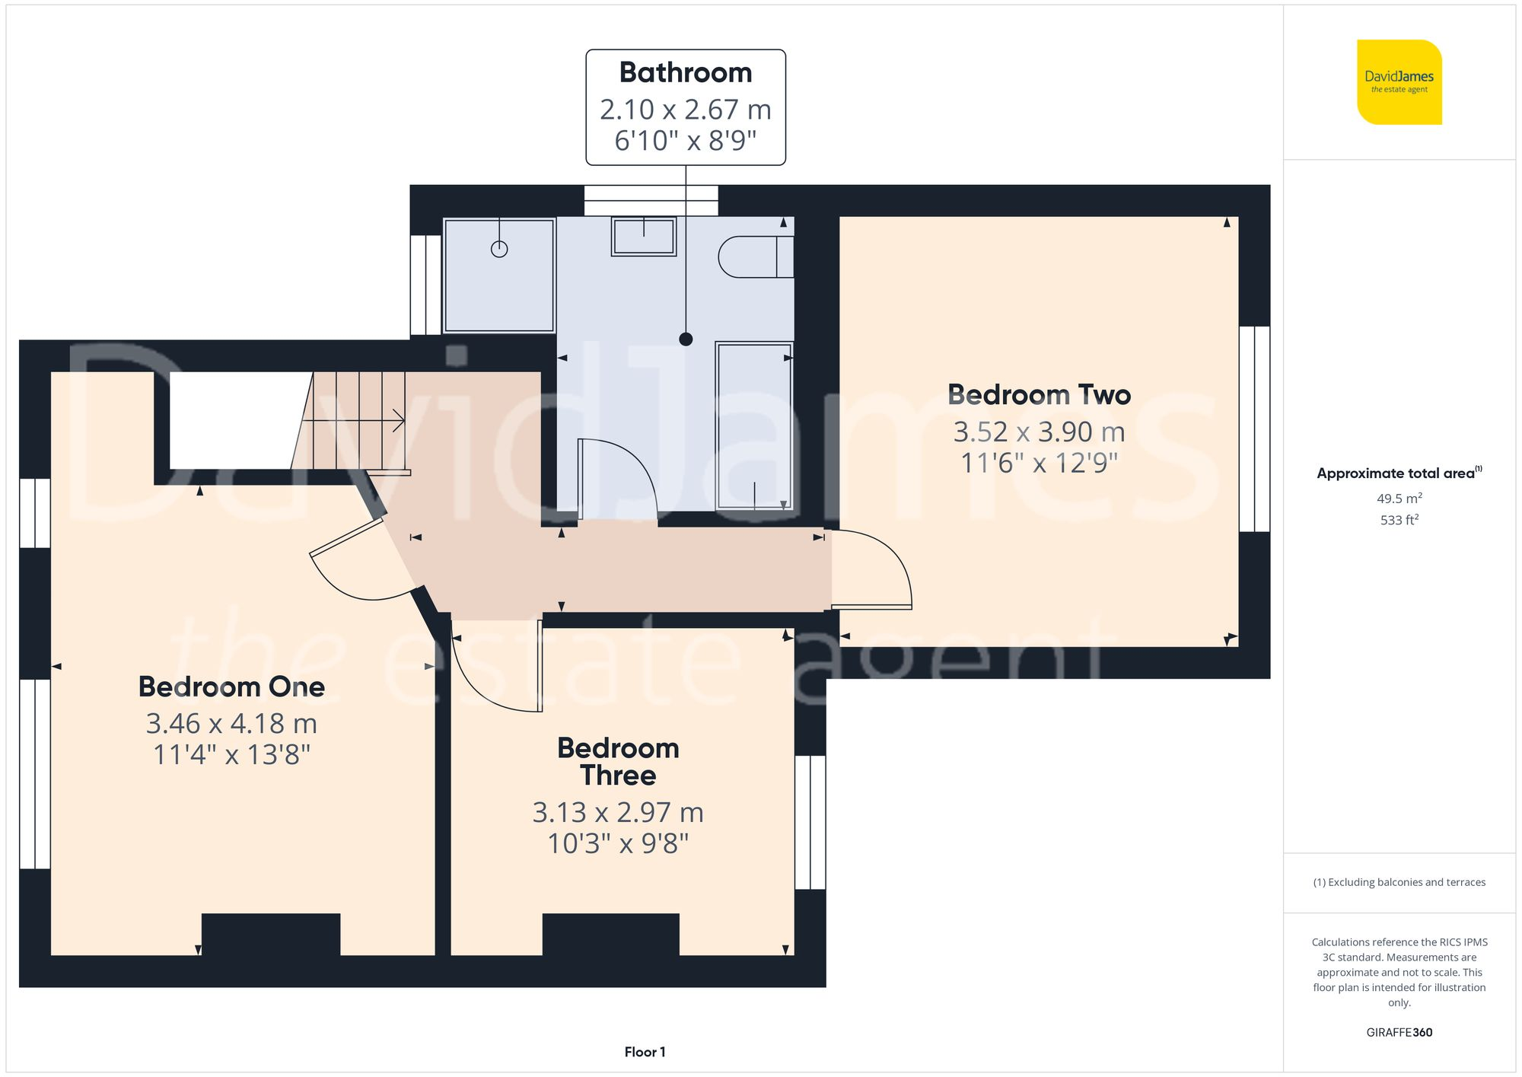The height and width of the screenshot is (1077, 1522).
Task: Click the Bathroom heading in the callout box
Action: [685, 73]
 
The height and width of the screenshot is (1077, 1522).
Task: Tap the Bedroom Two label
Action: [1039, 395]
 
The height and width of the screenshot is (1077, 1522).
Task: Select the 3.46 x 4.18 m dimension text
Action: [231, 723]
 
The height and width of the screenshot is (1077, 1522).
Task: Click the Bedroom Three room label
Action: [618, 761]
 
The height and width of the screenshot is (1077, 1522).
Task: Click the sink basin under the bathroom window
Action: [644, 236]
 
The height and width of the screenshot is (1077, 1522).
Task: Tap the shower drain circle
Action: [499, 249]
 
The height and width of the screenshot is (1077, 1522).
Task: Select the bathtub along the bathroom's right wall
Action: [754, 425]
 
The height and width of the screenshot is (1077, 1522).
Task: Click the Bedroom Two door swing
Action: [875, 567]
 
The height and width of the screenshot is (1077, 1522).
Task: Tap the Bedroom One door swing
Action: [358, 567]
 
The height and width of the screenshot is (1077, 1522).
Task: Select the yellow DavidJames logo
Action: [1399, 82]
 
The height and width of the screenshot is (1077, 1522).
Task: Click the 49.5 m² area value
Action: [1399, 499]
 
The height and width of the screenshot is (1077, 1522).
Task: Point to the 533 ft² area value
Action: [1399, 520]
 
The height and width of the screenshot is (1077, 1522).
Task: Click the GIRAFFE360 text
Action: [1399, 1032]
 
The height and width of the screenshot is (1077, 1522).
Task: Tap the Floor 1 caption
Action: [645, 1052]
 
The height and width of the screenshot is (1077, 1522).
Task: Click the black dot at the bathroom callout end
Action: [686, 339]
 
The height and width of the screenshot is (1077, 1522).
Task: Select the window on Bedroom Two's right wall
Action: [1254, 429]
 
